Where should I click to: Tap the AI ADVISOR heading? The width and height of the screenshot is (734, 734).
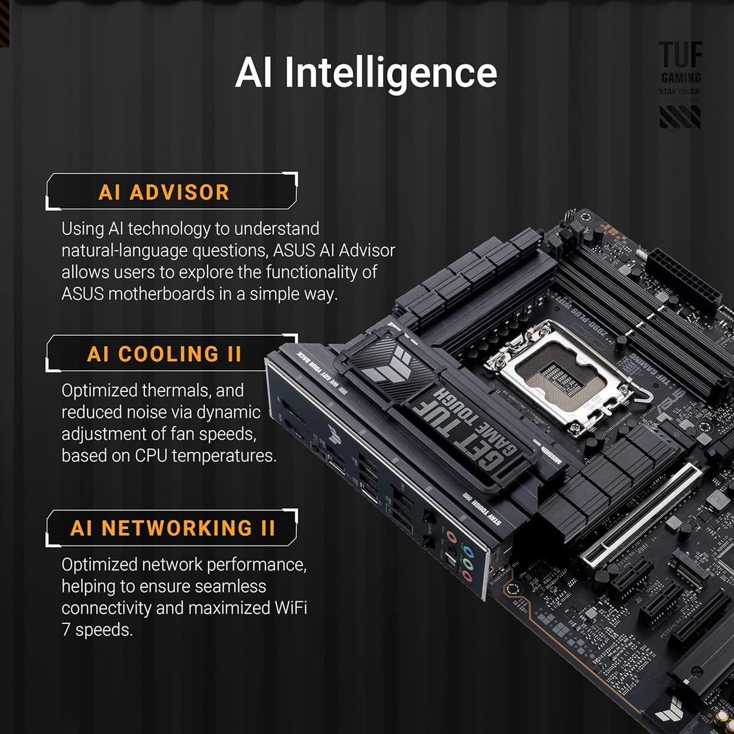click(x=163, y=192)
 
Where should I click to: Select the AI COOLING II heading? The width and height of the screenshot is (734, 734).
click(x=164, y=354)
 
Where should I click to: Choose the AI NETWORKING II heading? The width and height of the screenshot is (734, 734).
click(x=172, y=528)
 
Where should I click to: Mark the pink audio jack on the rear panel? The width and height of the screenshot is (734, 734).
click(x=467, y=576)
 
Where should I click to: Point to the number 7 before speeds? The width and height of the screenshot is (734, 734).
click(x=66, y=630)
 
